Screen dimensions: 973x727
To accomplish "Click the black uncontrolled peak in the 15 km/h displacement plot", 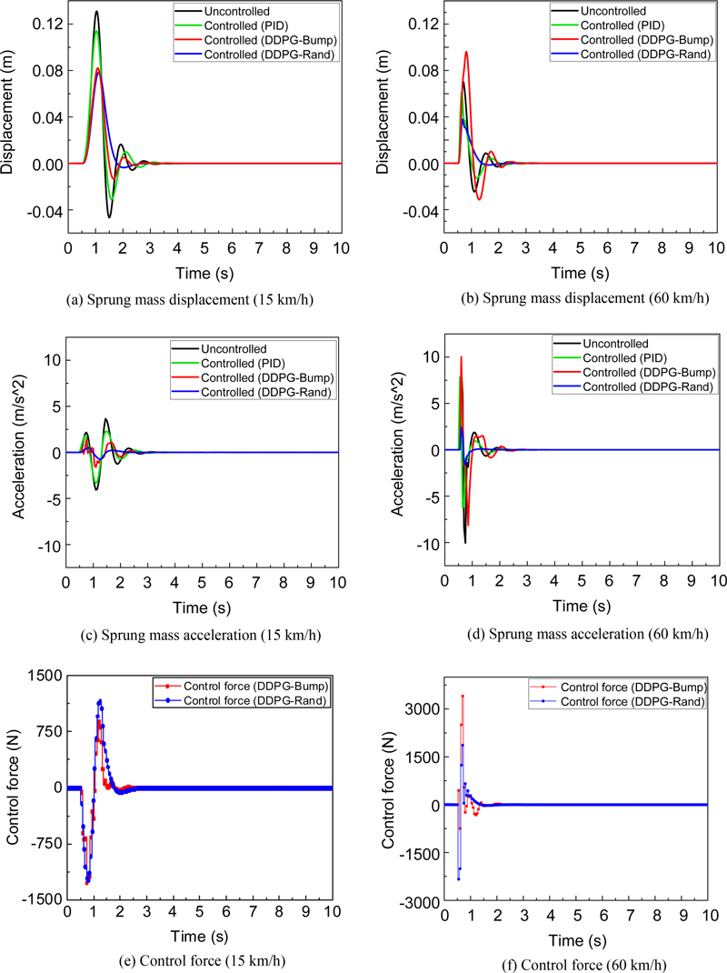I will tap(95, 13).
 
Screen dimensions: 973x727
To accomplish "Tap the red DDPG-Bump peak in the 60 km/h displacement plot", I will tap(467, 52).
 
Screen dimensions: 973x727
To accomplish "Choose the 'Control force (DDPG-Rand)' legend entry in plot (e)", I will tap(255, 700).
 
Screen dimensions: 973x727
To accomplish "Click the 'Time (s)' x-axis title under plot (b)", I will tap(582, 273).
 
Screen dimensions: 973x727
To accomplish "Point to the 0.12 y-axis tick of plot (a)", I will tap(45, 24).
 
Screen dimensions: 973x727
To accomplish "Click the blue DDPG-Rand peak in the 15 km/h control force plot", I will tap(100, 701).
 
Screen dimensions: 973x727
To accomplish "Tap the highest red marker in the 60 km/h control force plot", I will tap(463, 697).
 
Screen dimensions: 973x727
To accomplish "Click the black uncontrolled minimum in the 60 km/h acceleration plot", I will tap(465, 543).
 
